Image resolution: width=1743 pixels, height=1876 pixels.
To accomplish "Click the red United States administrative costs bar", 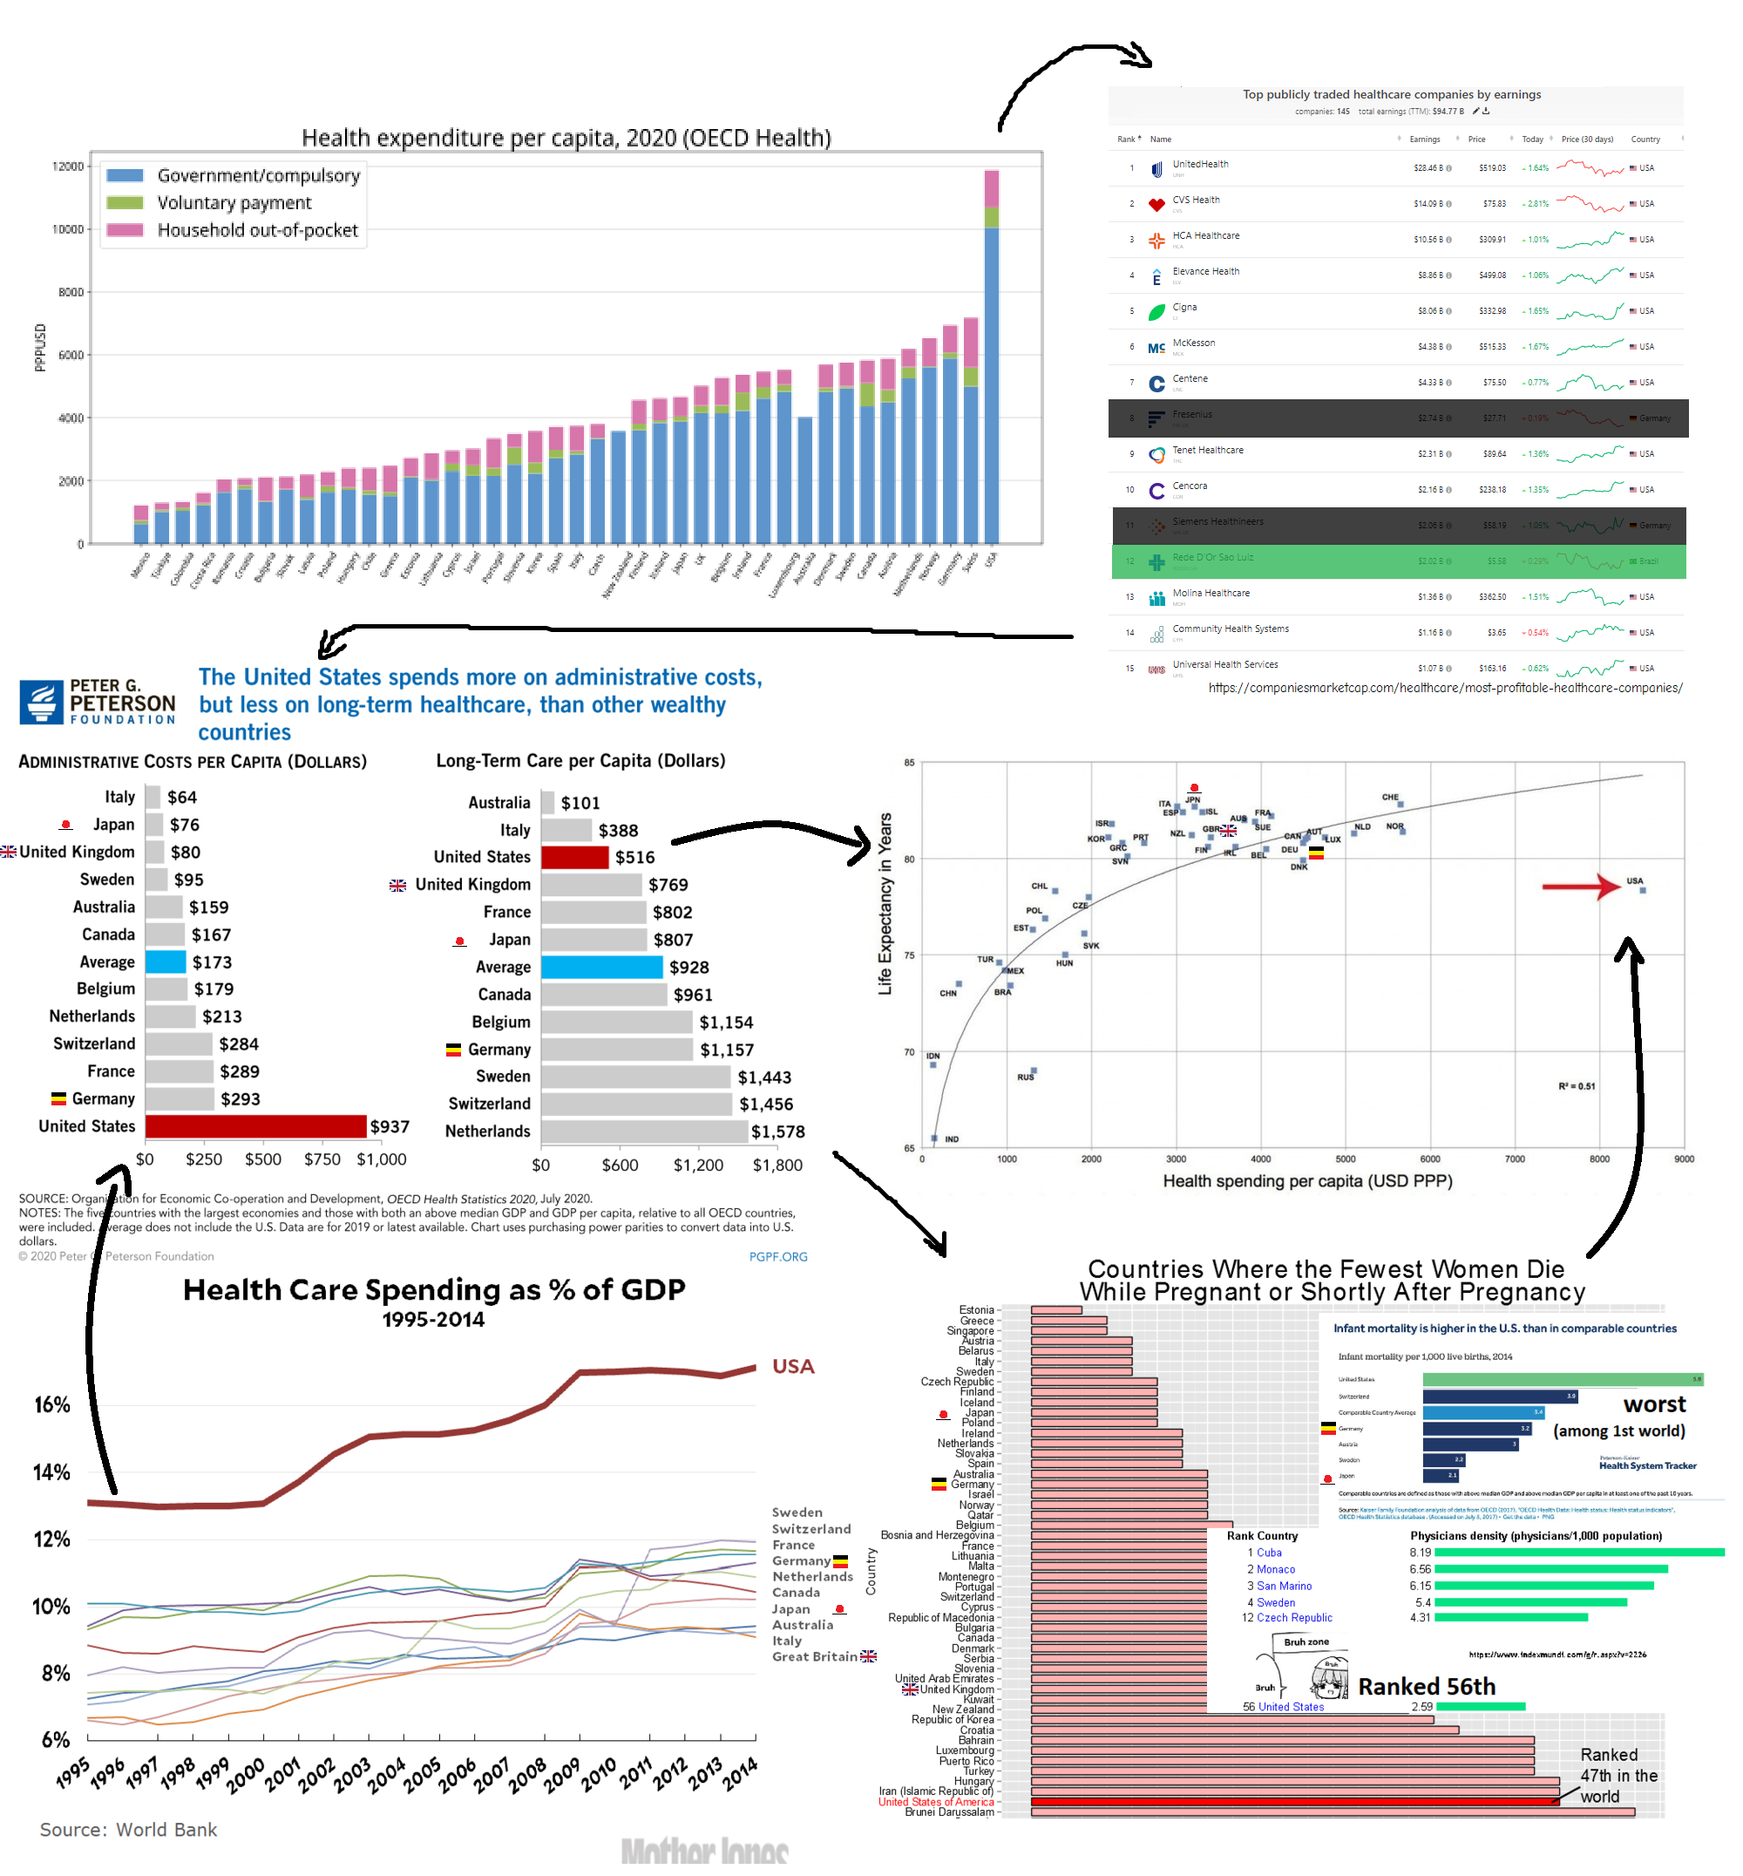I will click(x=255, y=1126).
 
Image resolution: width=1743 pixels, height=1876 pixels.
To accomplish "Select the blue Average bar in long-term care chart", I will click(x=601, y=968).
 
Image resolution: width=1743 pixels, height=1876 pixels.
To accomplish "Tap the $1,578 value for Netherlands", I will click(x=778, y=1132).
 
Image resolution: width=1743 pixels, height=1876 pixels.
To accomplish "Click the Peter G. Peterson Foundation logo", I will click(x=97, y=701).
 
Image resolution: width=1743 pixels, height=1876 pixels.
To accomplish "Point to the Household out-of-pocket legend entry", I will click(x=256, y=230).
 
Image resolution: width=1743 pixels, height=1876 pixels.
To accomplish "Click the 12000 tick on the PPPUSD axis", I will click(x=68, y=167).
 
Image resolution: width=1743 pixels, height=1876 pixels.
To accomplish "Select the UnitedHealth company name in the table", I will click(x=1201, y=164).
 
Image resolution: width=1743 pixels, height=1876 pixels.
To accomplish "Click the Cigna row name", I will click(x=1184, y=308).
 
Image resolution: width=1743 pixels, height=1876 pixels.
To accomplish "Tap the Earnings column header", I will click(x=1425, y=139).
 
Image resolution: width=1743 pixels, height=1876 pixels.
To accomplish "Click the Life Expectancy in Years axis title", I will click(x=885, y=903).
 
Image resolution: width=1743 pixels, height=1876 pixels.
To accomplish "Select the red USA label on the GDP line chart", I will click(x=793, y=1366).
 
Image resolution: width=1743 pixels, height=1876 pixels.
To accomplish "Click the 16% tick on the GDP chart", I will click(x=52, y=1405).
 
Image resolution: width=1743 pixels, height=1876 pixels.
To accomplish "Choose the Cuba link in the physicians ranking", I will click(x=1270, y=1553).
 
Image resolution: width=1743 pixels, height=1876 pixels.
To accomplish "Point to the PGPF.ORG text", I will click(x=778, y=1257).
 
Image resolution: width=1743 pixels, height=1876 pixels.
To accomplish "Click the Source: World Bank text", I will click(x=128, y=1830).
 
